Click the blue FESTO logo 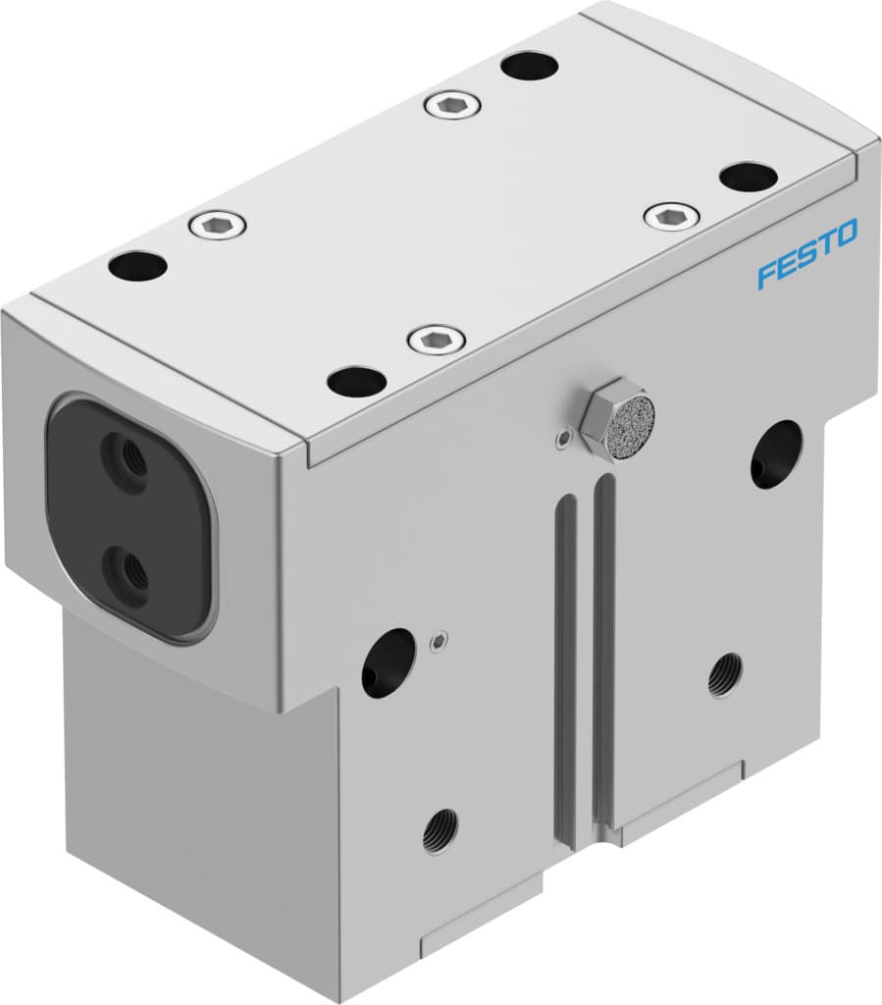[806, 253]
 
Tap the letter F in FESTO [765, 274]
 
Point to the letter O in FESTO [845, 234]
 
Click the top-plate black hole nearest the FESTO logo [748, 177]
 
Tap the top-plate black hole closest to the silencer [356, 382]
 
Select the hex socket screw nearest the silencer [436, 341]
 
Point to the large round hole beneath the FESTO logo [776, 454]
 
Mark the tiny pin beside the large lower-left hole [439, 642]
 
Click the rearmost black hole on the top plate [529, 66]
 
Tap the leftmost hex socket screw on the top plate [217, 226]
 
